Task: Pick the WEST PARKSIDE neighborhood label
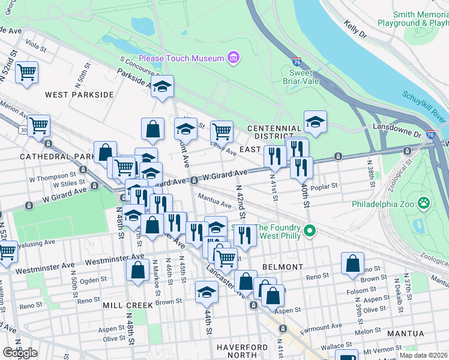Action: click(x=79, y=95)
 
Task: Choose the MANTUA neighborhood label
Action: click(x=405, y=334)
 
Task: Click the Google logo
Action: click(x=20, y=353)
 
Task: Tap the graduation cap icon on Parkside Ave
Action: click(x=162, y=88)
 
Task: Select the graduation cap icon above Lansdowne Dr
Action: click(x=315, y=122)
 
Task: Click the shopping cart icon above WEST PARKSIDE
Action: click(x=27, y=73)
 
